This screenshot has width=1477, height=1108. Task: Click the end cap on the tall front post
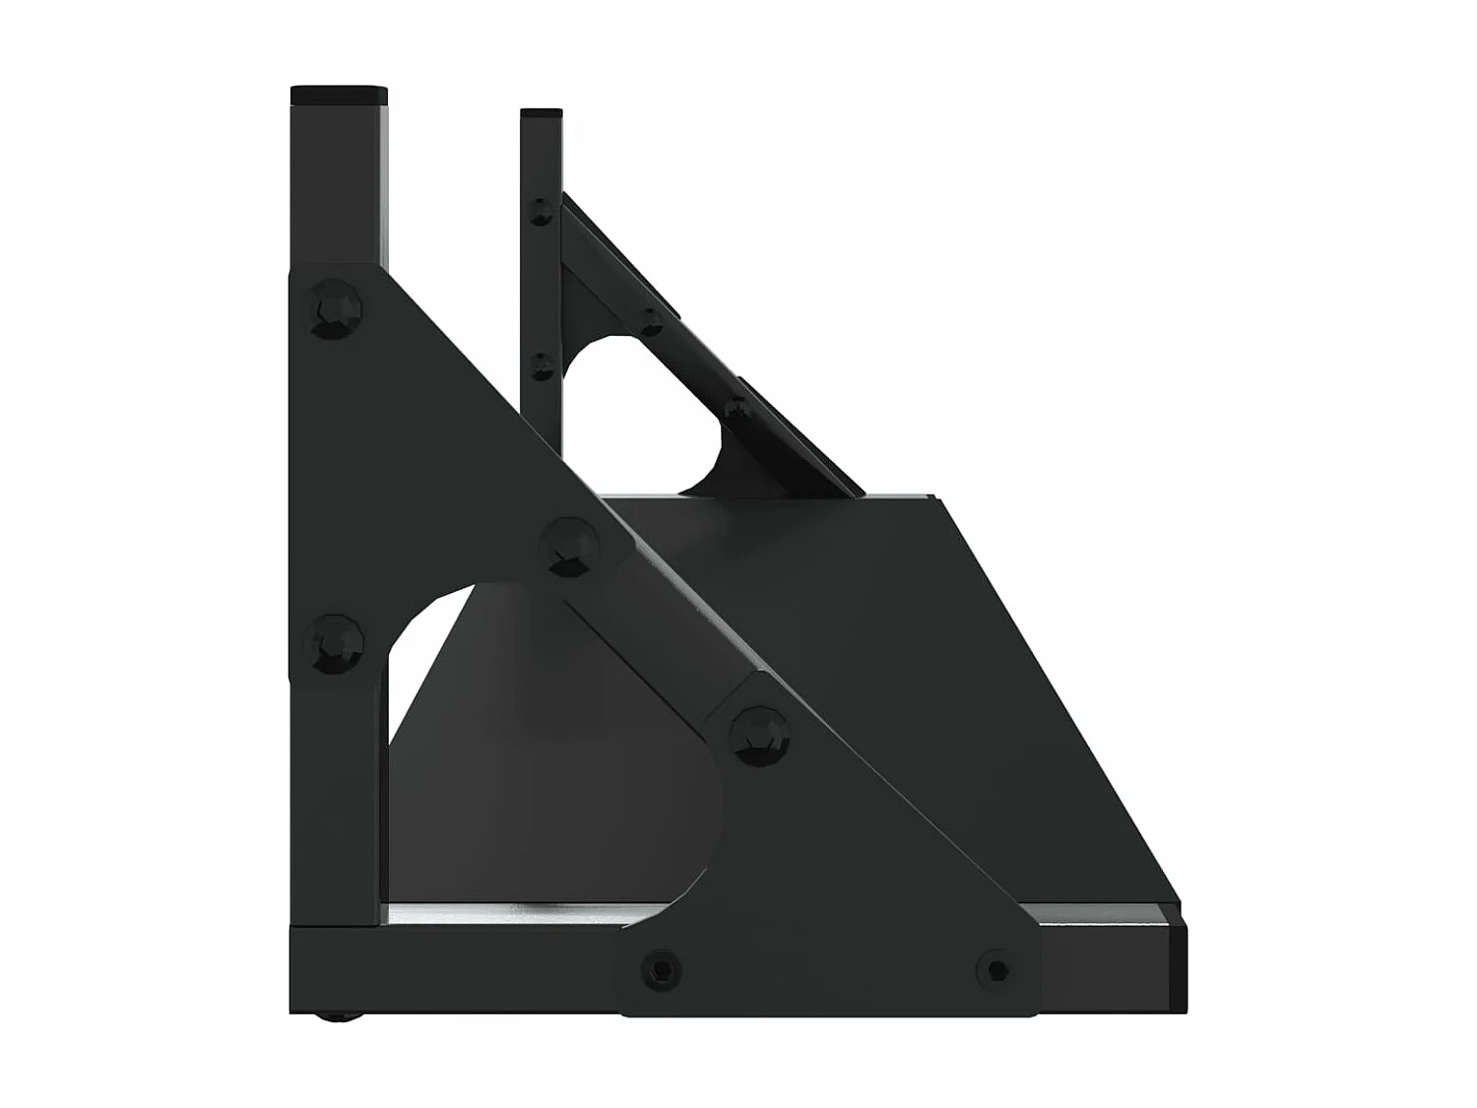click(x=338, y=96)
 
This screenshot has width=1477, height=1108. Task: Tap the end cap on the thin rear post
click(x=541, y=113)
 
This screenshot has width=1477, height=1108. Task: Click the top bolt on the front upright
click(x=336, y=310)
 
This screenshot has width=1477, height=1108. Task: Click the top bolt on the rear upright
click(x=541, y=210)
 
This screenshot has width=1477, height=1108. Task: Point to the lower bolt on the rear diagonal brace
click(x=735, y=407)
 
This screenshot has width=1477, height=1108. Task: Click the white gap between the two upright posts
click(x=453, y=197)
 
